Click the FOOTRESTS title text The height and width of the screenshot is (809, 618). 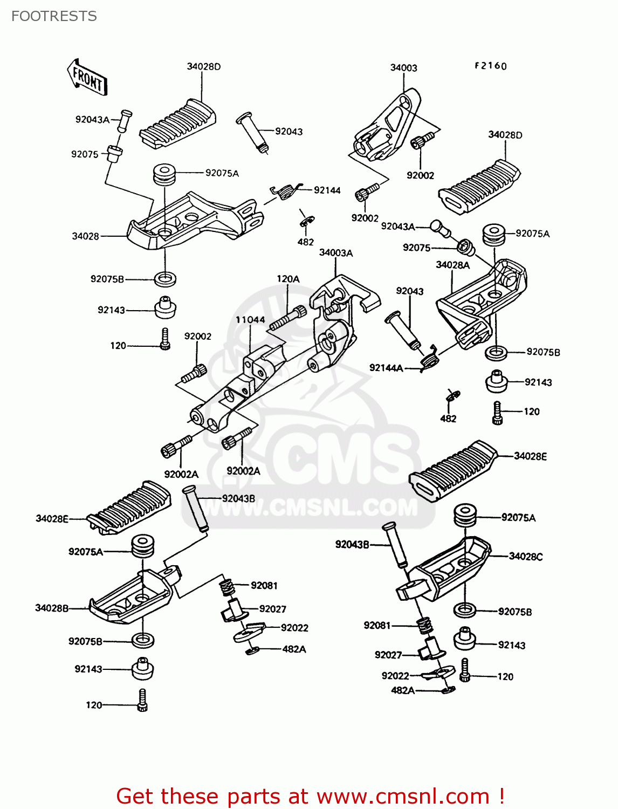(x=54, y=16)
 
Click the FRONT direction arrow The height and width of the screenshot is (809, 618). (x=87, y=78)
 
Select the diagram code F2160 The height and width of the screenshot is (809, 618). (x=490, y=66)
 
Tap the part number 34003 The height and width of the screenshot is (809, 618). (x=403, y=68)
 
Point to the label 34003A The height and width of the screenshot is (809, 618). (x=335, y=253)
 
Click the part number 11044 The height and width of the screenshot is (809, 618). (x=250, y=320)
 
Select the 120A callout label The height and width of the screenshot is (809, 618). (x=288, y=279)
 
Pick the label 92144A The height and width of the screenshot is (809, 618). (x=386, y=368)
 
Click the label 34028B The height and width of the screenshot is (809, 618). (x=52, y=608)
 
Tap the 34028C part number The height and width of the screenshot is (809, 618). (x=526, y=556)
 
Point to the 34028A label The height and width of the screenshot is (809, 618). (x=452, y=265)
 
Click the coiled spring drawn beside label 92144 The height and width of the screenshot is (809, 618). (x=284, y=191)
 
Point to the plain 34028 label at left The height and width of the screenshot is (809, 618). (x=85, y=236)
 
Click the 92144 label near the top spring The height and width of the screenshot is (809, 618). (x=327, y=190)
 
